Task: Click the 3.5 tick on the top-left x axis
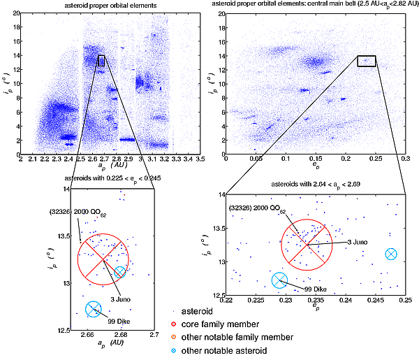pyautogui.click(x=200, y=161)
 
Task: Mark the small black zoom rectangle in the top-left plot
pyautogui.click(x=101, y=61)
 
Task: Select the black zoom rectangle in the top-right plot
pyautogui.click(x=367, y=61)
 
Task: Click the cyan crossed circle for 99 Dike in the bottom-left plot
pyautogui.click(x=93, y=309)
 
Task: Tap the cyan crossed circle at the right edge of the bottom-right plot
pyautogui.click(x=391, y=254)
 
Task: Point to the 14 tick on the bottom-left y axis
pyautogui.click(x=66, y=189)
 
